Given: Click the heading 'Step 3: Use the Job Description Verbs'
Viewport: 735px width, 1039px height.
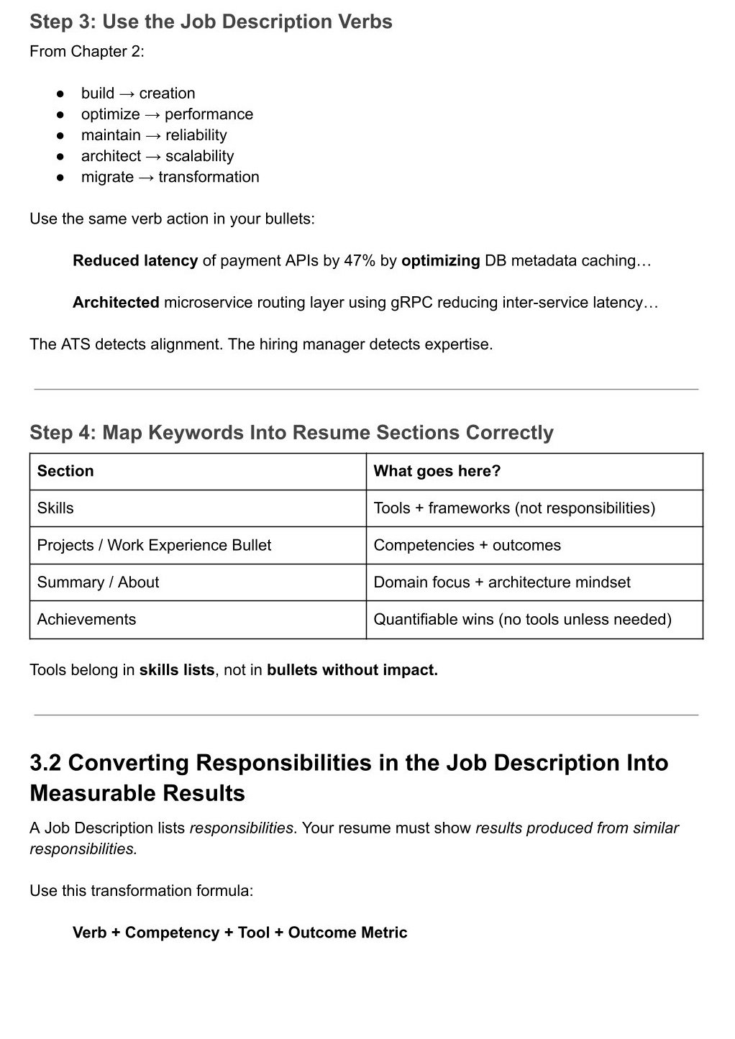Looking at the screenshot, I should point(211,22).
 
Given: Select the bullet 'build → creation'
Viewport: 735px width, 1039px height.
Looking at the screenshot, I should point(138,93).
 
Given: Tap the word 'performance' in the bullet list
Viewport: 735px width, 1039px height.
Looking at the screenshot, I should point(209,114).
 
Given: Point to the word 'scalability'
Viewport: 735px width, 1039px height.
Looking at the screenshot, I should point(199,156).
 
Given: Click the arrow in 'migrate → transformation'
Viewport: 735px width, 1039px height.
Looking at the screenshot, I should point(146,177).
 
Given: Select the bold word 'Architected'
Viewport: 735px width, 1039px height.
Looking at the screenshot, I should point(116,302).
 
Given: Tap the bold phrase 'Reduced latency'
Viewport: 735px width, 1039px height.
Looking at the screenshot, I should point(135,260).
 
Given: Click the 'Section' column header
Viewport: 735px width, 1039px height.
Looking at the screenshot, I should point(65,471).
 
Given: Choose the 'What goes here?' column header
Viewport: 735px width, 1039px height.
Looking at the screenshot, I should point(437,471).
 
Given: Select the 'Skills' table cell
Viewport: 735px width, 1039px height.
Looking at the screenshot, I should point(55,508).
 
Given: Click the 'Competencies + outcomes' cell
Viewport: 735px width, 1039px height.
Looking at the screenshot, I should point(467,545).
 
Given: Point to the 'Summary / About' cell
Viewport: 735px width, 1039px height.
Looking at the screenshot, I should point(98,582).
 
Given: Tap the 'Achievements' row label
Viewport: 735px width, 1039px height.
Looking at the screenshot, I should point(86,619).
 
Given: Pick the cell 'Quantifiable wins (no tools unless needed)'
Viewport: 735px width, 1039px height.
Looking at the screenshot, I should point(522,619).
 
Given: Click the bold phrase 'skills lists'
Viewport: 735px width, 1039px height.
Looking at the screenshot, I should point(177,669).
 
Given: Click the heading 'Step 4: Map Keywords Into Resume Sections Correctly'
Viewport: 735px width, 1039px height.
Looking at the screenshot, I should point(291,432).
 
